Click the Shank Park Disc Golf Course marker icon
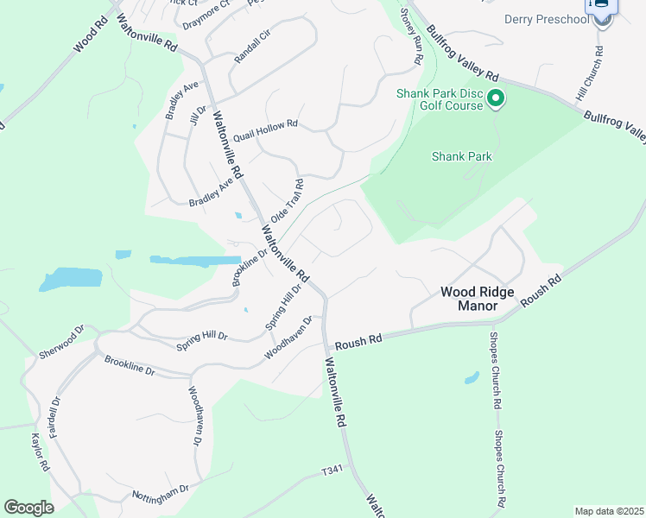(x=496, y=99)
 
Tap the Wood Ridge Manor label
(x=478, y=299)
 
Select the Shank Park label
(x=461, y=156)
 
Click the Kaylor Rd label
(x=40, y=452)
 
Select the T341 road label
(x=332, y=471)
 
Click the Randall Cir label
(x=252, y=54)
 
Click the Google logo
(x=29, y=507)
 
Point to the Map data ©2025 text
(x=608, y=511)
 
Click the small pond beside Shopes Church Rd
(x=471, y=377)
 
